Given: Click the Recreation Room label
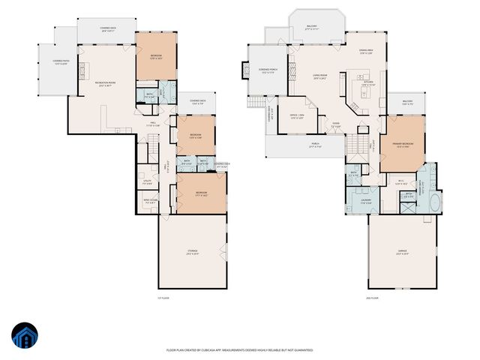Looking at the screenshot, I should point(103,83).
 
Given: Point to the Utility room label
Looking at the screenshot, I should point(148,181).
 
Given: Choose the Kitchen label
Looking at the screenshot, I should point(368,84).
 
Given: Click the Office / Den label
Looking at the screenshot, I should point(296,115).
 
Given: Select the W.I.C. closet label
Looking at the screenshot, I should point(402,182).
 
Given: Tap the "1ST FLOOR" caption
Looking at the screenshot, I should point(153,298).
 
